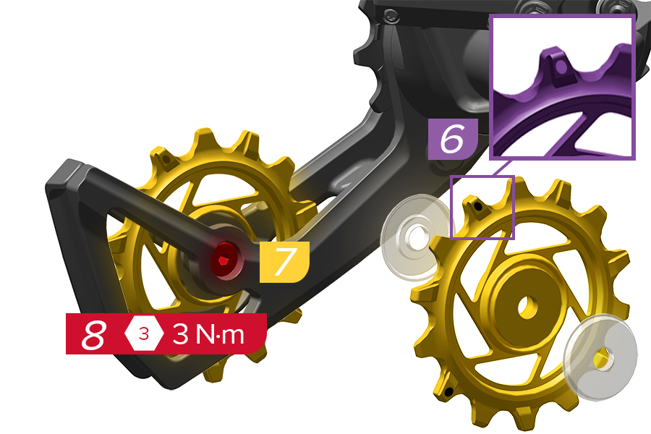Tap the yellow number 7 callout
tap(284, 262)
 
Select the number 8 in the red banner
tap(94, 334)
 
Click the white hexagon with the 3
tap(144, 333)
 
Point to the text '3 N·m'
tap(208, 334)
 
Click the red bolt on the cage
tap(226, 260)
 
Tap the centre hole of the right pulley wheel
tap(527, 307)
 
